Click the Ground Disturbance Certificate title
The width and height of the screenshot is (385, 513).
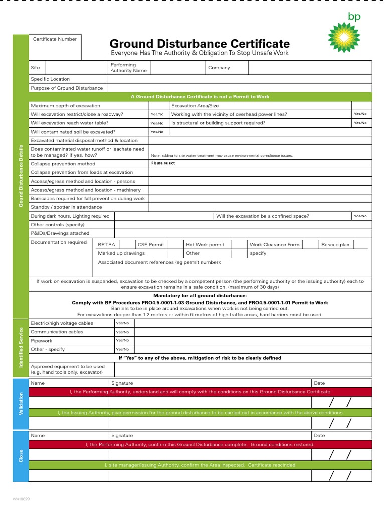point(200,44)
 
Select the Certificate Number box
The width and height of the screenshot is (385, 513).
point(55,48)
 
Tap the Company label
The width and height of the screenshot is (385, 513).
point(219,68)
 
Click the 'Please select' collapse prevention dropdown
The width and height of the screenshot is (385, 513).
point(163,163)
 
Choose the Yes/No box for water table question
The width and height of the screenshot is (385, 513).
point(157,123)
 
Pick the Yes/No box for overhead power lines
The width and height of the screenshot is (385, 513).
point(360,114)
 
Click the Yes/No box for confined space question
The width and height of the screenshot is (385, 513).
point(360,216)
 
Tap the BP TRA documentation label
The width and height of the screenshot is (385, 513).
point(106,245)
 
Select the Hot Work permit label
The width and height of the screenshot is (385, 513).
point(205,245)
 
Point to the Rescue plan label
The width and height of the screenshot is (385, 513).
point(335,245)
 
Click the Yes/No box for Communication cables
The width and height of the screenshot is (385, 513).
point(122,332)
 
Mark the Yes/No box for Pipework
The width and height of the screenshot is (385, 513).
point(122,340)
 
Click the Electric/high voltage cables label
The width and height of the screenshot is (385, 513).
point(62,323)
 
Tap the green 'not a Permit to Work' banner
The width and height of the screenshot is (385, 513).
point(200,97)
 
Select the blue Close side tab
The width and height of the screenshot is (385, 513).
point(21,456)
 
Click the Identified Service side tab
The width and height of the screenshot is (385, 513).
point(21,347)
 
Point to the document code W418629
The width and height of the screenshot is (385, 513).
point(22,499)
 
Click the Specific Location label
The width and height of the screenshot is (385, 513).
point(50,79)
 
